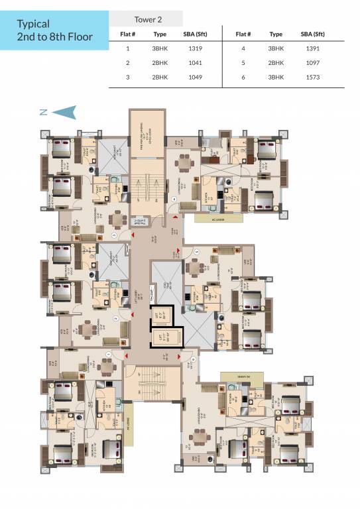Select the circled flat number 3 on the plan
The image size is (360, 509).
point(114,235)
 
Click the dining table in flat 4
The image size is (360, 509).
point(184,163)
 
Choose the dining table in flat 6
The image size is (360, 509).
point(198,436)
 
